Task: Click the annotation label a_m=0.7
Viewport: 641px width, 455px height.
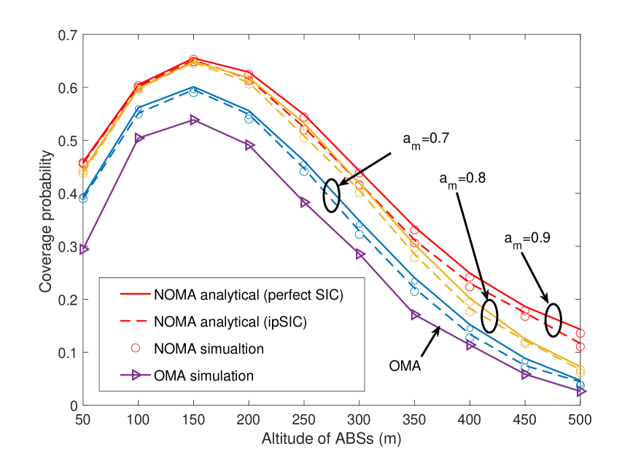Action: click(424, 137)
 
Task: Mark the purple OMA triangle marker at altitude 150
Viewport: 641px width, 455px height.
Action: click(194, 120)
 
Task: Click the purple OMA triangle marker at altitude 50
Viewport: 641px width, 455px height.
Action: click(84, 249)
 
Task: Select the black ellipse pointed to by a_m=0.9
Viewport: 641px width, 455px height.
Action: click(553, 319)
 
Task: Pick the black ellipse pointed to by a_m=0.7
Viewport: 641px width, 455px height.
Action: click(332, 195)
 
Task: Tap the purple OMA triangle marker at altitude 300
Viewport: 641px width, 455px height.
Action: click(360, 254)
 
